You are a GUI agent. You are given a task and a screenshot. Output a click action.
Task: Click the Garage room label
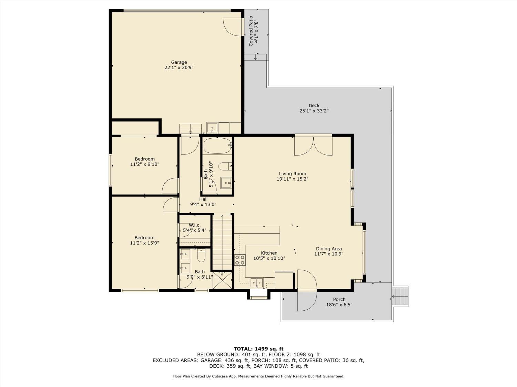179,62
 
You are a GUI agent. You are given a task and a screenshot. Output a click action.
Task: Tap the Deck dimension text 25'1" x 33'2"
314,111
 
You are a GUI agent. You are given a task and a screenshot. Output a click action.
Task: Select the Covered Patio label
251,31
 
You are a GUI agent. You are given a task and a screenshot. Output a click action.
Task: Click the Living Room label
292,174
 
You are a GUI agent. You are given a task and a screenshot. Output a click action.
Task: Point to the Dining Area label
328,249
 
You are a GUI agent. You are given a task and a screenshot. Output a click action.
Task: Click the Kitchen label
269,253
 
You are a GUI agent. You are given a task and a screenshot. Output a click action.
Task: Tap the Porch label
339,299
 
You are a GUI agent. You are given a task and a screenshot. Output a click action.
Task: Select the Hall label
203,199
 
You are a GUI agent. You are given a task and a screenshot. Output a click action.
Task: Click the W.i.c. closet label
194,225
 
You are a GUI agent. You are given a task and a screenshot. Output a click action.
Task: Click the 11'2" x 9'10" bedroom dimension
144,164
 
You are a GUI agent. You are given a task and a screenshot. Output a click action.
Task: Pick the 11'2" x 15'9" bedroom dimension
144,243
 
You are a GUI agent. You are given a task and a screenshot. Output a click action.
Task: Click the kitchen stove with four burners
240,260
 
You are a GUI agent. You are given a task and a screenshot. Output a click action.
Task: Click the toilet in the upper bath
225,166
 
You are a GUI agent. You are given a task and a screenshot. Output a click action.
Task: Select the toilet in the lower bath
201,255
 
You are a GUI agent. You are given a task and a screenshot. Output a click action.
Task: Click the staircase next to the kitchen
222,243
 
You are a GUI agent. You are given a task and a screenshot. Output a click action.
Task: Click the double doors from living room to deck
313,145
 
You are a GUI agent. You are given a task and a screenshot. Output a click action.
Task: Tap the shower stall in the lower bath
222,280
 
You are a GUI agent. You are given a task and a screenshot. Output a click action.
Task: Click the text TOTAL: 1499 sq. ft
258,349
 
